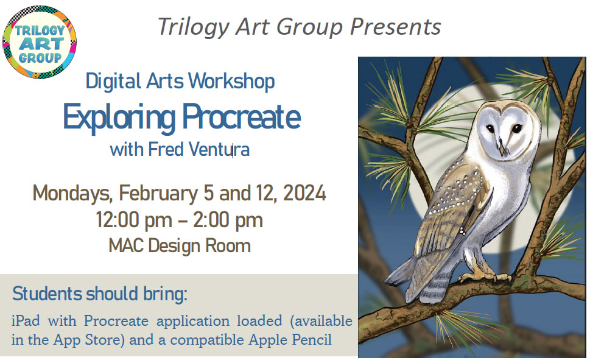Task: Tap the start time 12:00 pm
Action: click(128, 220)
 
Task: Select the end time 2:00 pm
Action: click(228, 220)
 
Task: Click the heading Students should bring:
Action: click(100, 294)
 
